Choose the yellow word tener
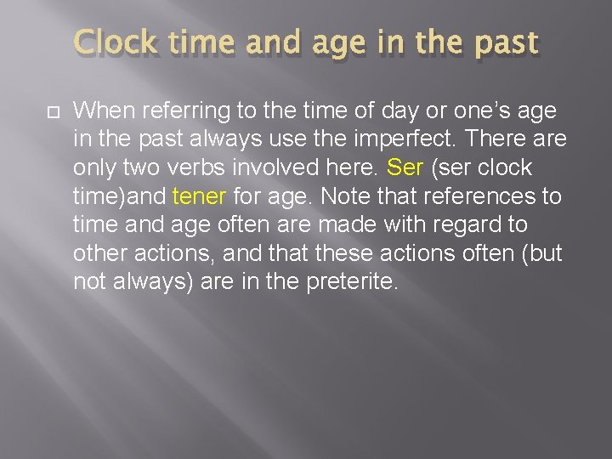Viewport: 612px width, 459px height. (x=198, y=196)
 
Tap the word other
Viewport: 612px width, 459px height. (x=98, y=254)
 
